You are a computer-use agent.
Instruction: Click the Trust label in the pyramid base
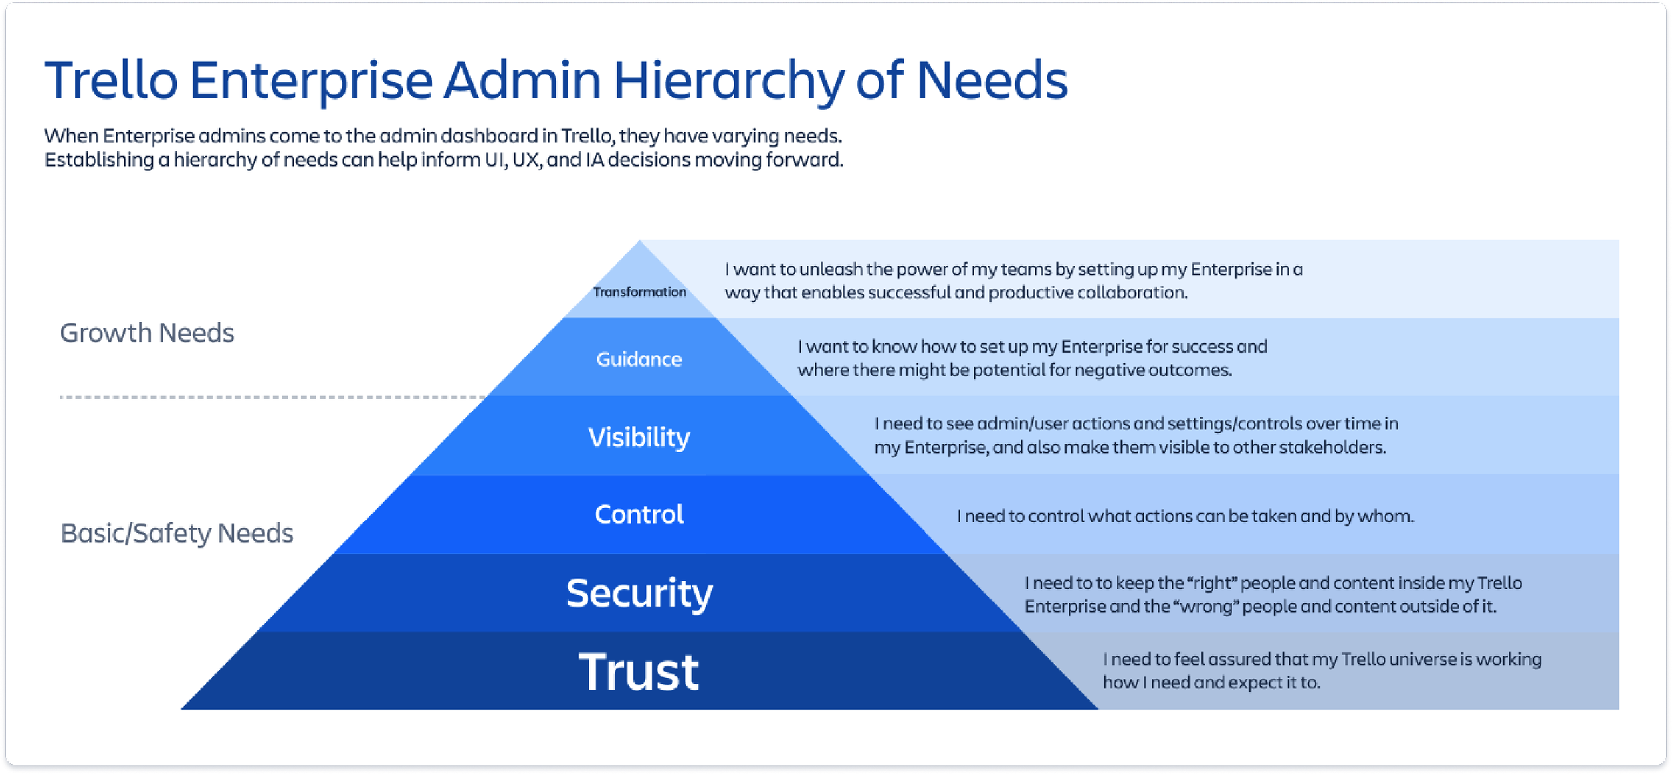point(638,671)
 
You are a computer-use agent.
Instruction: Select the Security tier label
point(639,593)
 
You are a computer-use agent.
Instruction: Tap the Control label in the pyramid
point(639,514)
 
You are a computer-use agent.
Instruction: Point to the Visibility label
point(639,437)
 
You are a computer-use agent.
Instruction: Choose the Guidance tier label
point(639,359)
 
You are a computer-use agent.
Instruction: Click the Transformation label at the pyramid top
point(639,292)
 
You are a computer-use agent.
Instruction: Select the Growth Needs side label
point(146,332)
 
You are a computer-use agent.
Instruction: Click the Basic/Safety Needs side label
point(177,533)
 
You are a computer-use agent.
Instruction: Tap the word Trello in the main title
point(111,80)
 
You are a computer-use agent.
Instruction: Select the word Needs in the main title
point(991,80)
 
